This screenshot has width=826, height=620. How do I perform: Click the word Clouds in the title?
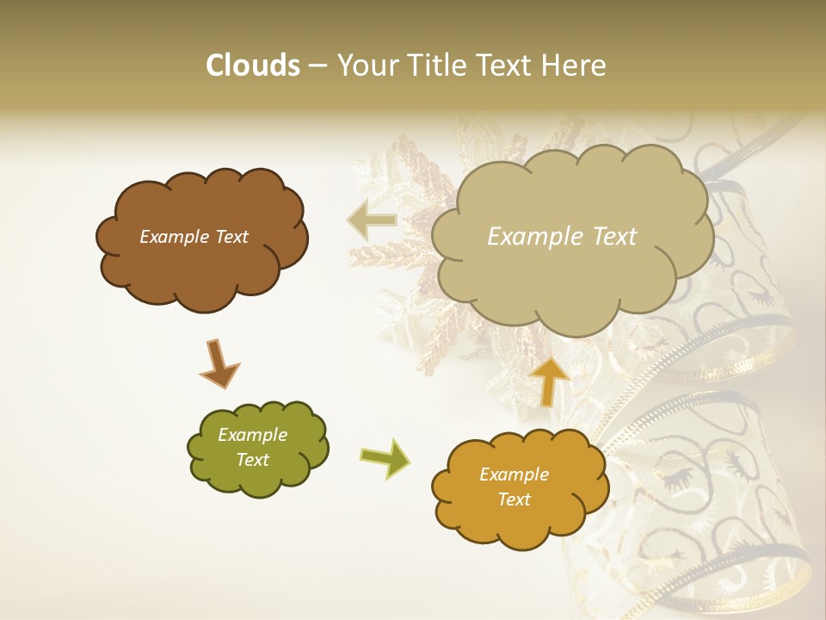(252, 65)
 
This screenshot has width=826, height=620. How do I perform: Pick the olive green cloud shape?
(256, 448)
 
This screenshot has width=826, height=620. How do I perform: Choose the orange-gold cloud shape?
(519, 487)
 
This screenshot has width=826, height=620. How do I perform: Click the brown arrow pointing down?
(219, 363)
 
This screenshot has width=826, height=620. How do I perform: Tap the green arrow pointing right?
(385, 457)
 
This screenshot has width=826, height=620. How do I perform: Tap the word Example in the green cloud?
(253, 435)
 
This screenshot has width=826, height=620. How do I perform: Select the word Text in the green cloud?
(253, 460)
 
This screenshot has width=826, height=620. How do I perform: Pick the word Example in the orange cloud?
(514, 474)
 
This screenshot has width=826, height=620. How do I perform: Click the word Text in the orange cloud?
(514, 499)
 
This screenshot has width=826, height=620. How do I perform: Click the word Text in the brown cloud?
(231, 237)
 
